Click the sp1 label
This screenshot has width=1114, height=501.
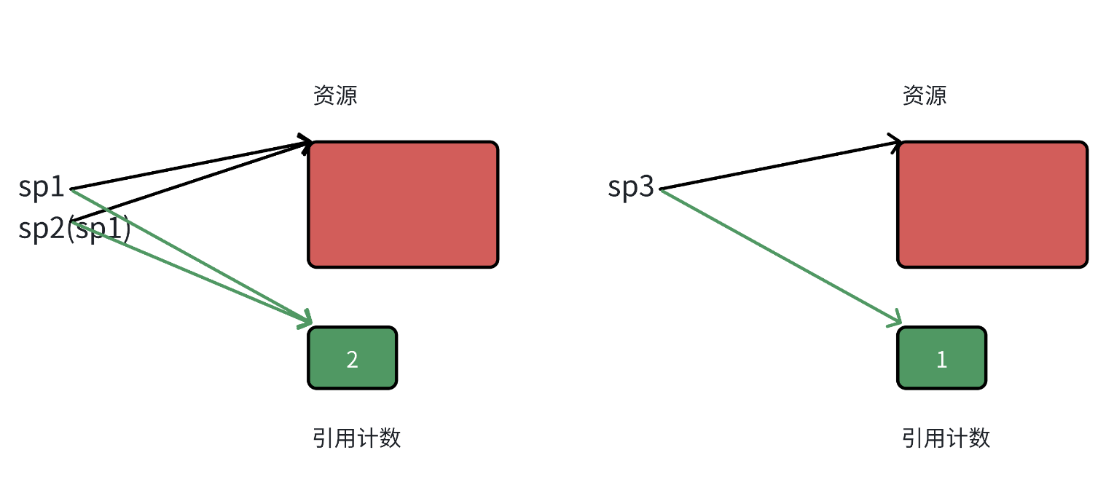coord(42,188)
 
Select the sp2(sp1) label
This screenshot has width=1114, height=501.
coord(74,229)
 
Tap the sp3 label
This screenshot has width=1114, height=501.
coord(631,188)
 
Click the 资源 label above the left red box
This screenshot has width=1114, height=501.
coord(335,95)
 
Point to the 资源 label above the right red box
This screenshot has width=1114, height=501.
coord(925,95)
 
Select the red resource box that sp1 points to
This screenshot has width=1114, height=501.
coord(403,205)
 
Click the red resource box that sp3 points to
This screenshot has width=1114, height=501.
coord(992,205)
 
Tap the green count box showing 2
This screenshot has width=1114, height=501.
coord(353,358)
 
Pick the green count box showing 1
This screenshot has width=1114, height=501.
coord(941,358)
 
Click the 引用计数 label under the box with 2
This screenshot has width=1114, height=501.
coord(357,438)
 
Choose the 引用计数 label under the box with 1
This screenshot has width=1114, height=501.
coord(946,438)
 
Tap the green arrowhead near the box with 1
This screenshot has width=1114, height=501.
coord(896,320)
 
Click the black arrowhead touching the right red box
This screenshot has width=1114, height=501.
coord(895,141)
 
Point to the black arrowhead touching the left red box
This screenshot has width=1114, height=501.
coord(306,142)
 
